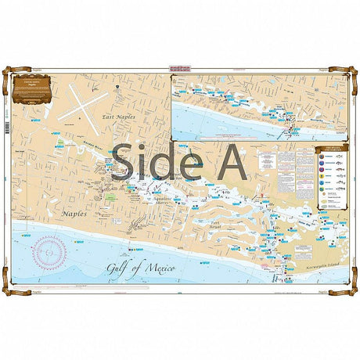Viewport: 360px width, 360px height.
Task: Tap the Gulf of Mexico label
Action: coord(142,268)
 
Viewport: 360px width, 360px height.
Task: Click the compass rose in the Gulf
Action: coord(49,252)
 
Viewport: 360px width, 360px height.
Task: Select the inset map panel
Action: coord(258,106)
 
